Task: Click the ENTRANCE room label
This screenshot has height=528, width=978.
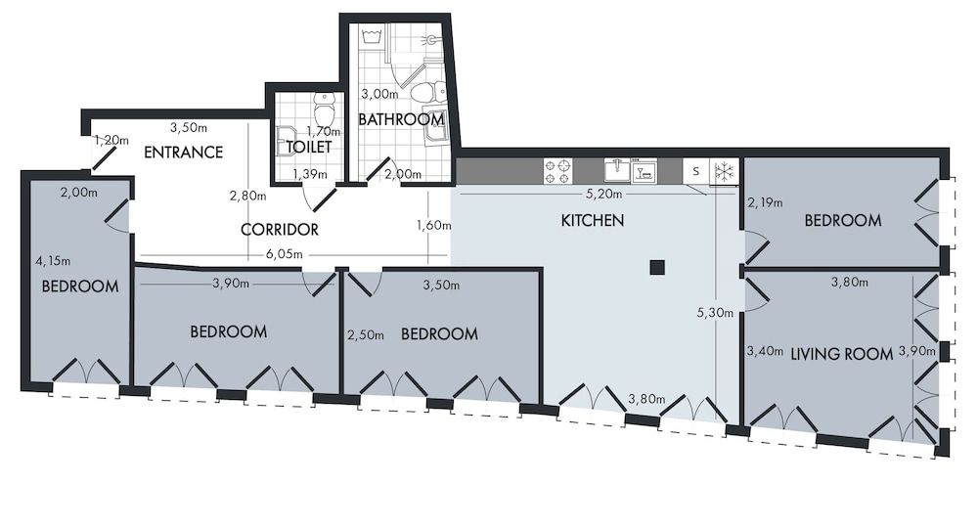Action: click(x=183, y=153)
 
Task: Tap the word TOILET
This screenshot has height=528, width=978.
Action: click(x=308, y=147)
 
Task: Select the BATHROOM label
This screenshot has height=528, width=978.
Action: click(x=401, y=119)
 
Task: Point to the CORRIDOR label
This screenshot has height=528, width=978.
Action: click(x=280, y=230)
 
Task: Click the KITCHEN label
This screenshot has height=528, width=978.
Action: click(x=592, y=221)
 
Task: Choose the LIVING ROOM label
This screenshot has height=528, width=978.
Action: click(x=841, y=354)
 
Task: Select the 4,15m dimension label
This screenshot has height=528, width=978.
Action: click(x=53, y=262)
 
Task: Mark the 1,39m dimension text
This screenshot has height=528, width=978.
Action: click(x=309, y=174)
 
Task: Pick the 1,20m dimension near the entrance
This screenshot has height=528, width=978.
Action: click(x=111, y=141)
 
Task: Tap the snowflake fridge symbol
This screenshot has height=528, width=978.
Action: click(x=724, y=172)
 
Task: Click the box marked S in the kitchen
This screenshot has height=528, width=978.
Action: click(x=695, y=172)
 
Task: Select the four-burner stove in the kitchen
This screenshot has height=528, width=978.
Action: click(x=557, y=172)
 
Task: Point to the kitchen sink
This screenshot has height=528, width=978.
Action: click(x=617, y=171)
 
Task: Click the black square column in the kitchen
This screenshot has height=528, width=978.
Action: click(x=658, y=267)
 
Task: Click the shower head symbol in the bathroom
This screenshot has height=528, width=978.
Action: click(x=430, y=42)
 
